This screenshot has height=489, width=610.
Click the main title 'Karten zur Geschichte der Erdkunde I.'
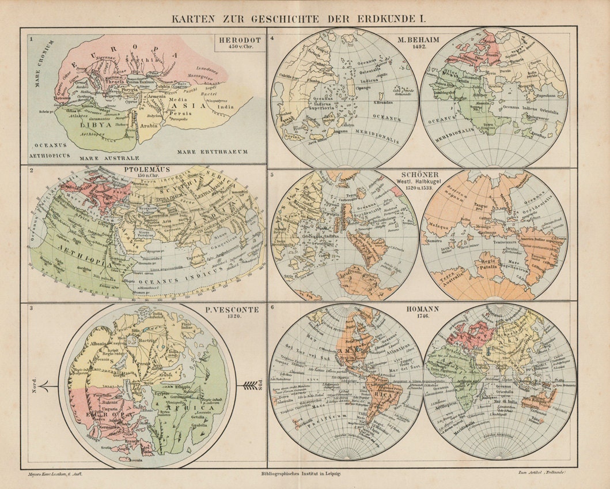(305, 18)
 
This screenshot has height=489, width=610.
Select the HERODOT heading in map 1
(240, 40)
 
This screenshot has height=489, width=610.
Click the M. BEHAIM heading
(419, 40)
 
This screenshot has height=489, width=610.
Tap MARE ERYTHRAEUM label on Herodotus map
(212, 152)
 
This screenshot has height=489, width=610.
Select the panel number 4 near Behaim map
(272, 38)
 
